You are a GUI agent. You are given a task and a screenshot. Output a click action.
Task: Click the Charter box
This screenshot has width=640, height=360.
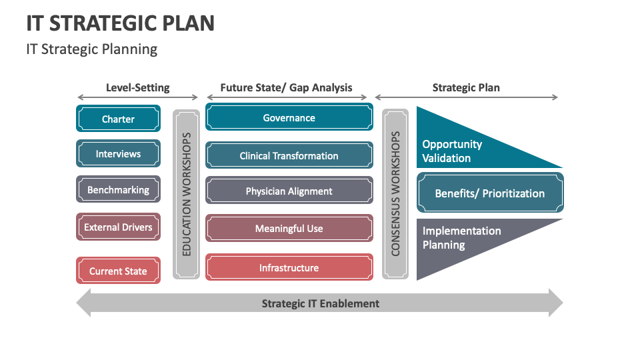pos(118,119)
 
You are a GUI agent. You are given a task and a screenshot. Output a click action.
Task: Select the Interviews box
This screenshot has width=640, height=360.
pos(118,154)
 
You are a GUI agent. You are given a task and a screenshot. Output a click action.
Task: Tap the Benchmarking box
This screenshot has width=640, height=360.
pos(118,190)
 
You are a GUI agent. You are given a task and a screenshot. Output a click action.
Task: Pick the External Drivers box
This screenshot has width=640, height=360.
pos(118,227)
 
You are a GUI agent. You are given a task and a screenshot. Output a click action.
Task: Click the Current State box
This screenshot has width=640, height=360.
pos(118,271)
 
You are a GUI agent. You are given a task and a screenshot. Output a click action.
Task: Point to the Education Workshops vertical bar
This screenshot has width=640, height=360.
pos(186,194)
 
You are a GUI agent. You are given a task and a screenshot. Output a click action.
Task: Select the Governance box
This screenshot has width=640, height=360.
pos(289,118)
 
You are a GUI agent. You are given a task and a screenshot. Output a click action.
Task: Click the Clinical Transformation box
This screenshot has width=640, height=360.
pos(289,156)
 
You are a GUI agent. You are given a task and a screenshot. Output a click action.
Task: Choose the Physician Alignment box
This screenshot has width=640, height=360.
pos(289,191)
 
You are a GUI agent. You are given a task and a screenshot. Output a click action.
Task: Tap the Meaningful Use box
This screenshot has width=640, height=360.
pos(289,229)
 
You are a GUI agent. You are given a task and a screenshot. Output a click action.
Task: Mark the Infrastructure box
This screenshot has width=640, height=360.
pos(289,268)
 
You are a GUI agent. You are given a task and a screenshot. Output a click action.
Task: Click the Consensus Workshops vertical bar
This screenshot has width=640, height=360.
pos(395,194)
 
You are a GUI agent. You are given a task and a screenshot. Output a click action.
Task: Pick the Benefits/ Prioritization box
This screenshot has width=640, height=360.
pos(490,193)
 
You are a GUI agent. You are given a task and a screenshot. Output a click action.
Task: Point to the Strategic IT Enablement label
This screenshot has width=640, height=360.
pos(320,303)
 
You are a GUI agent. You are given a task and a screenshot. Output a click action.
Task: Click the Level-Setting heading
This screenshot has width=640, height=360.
pos(137,87)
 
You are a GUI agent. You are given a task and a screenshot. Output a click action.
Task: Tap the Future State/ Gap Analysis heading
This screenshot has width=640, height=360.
pos(286,87)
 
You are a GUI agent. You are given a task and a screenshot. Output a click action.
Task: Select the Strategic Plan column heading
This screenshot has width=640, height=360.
pos(466,87)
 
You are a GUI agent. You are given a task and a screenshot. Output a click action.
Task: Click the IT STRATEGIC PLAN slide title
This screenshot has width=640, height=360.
pos(121,23)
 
